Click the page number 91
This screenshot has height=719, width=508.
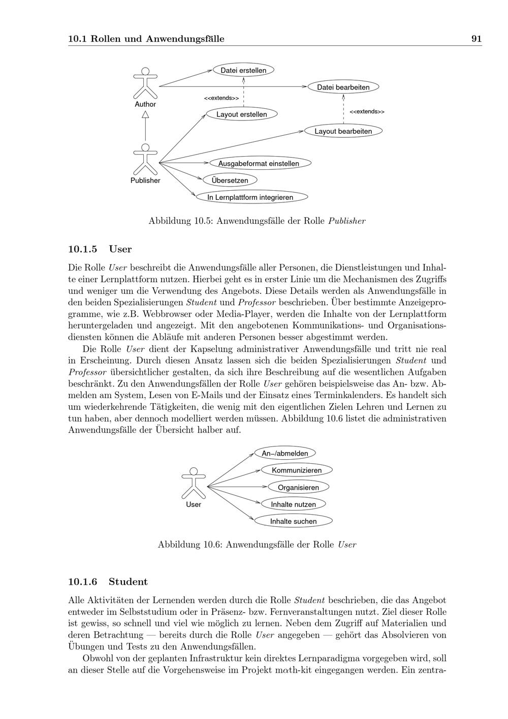(x=476, y=39)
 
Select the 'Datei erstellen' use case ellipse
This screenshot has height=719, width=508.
(x=243, y=70)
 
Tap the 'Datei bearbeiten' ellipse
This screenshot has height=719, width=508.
(x=343, y=87)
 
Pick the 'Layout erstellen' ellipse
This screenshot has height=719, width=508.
(x=242, y=114)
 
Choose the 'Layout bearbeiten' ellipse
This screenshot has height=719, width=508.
(x=343, y=131)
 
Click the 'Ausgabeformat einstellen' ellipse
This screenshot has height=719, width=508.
(x=259, y=163)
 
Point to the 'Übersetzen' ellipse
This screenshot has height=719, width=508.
(x=230, y=180)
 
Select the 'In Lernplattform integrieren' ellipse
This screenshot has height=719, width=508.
(x=250, y=197)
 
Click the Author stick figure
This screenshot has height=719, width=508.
(x=145, y=82)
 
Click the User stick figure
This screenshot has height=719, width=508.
(x=194, y=483)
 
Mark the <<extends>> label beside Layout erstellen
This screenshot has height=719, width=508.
(x=221, y=98)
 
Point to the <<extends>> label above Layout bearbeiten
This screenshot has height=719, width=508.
(x=367, y=111)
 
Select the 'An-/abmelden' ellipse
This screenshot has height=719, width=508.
(x=285, y=453)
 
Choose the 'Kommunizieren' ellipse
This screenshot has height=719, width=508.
(x=297, y=470)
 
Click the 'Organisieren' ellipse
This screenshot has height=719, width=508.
(x=298, y=487)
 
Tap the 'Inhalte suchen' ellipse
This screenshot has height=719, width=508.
(x=293, y=521)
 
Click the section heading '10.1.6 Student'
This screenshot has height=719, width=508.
(x=108, y=582)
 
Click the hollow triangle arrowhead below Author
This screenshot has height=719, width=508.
(x=145, y=115)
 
